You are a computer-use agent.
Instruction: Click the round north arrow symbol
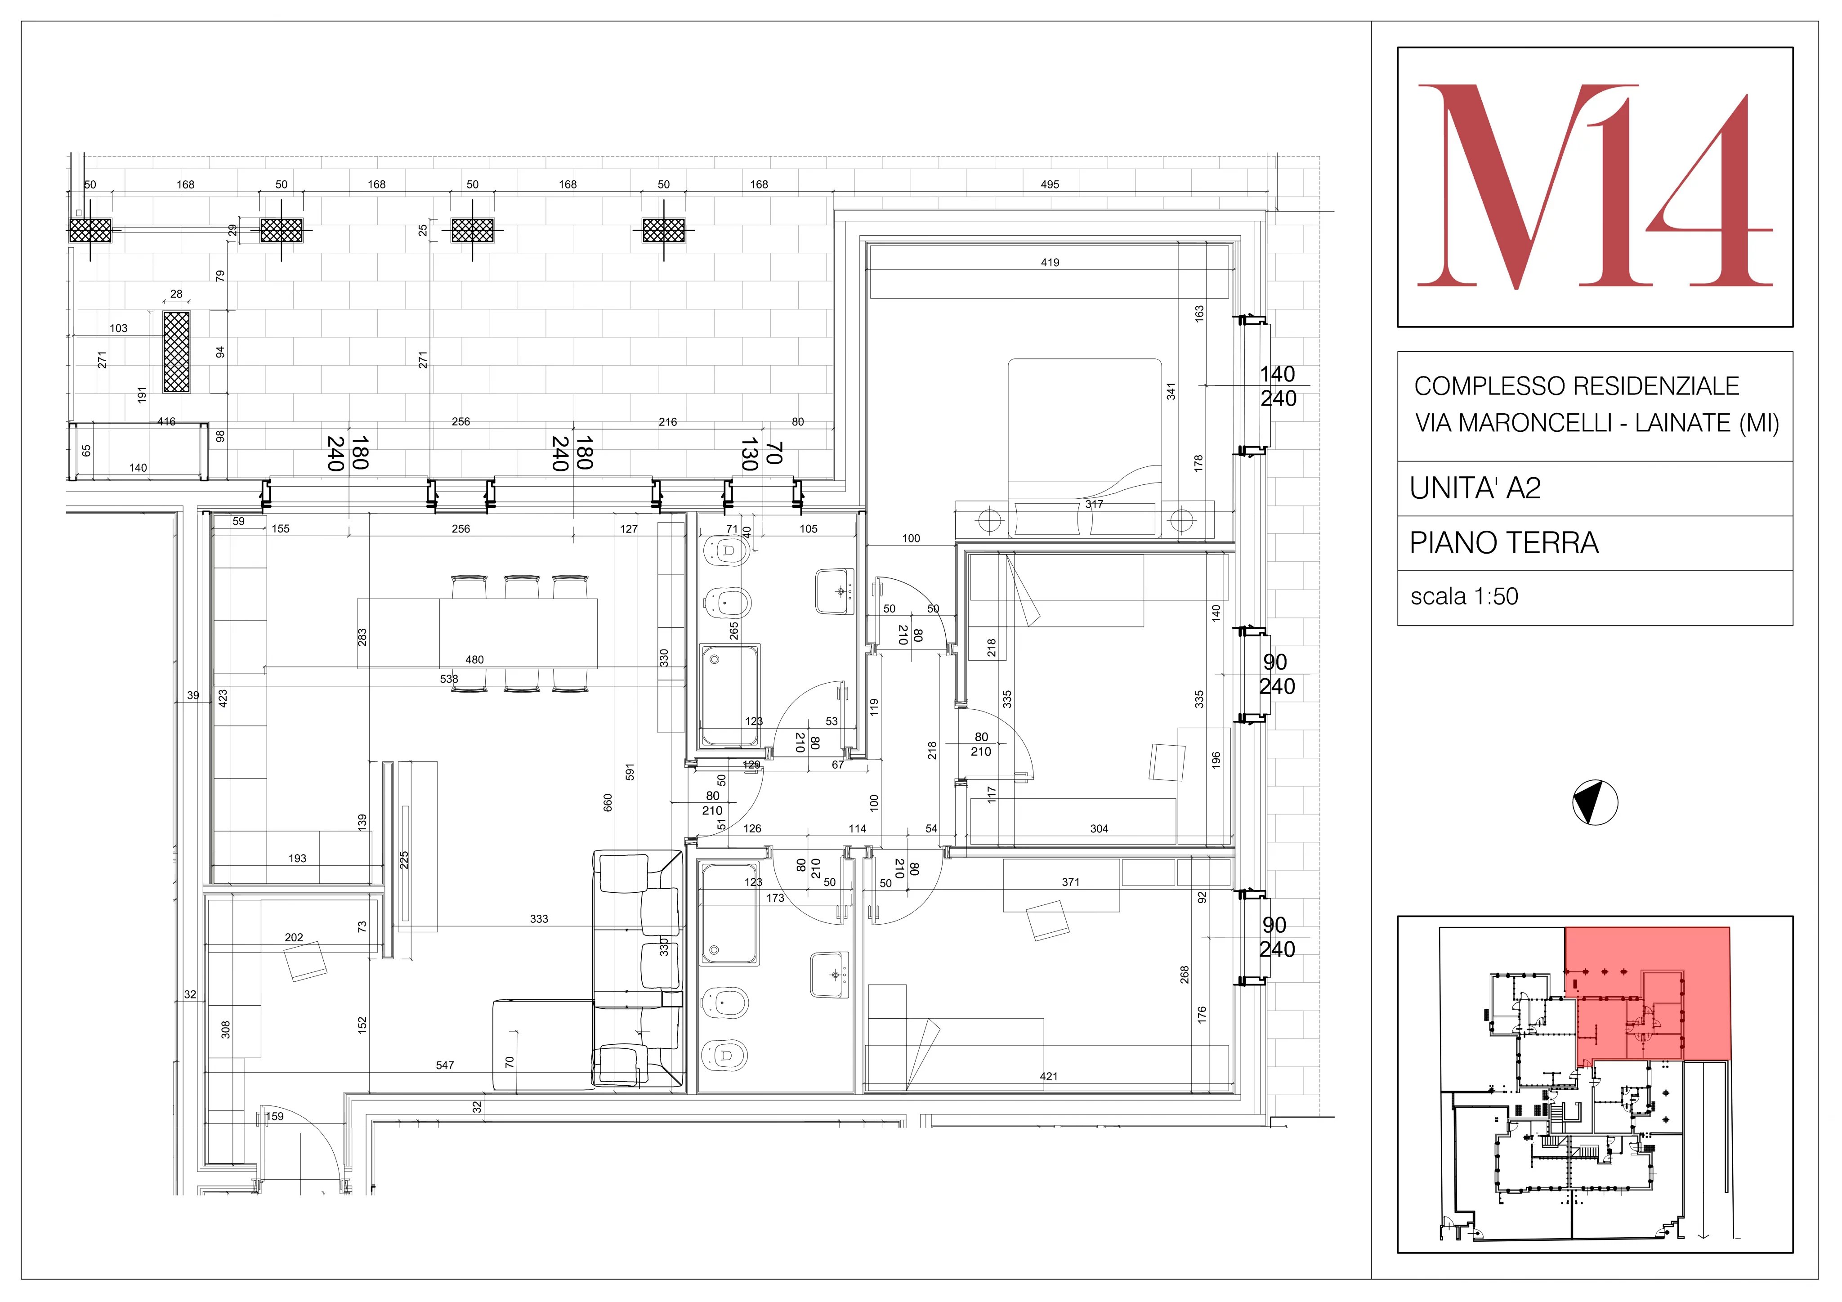point(1595,802)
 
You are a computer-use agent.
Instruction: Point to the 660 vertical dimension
point(607,802)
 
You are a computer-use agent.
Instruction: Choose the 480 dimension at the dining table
point(474,659)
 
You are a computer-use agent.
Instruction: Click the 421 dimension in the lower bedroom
point(1049,1077)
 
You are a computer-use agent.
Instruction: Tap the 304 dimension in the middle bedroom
point(1099,829)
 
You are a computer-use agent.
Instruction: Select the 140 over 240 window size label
point(1277,386)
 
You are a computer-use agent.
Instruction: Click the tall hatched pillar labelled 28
point(176,351)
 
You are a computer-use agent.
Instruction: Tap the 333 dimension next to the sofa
point(539,918)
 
